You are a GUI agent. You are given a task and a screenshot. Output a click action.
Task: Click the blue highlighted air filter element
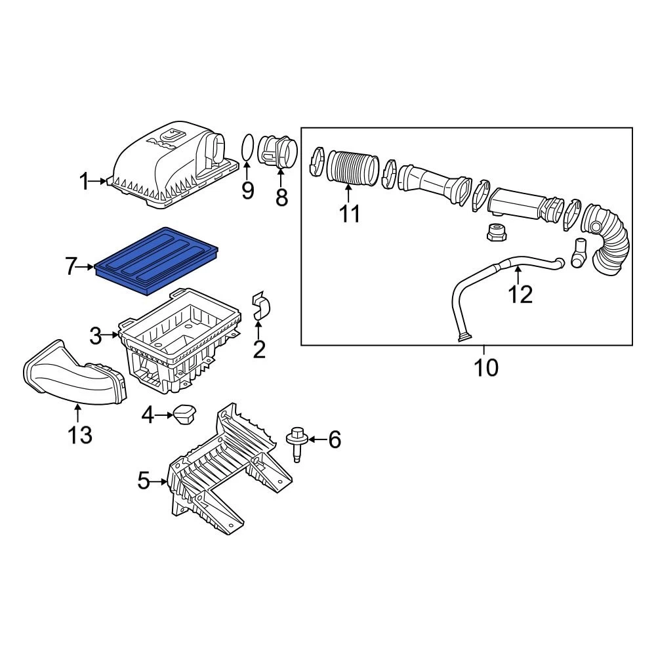coord(157,260)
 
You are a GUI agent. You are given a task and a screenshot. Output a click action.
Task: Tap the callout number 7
coord(72,267)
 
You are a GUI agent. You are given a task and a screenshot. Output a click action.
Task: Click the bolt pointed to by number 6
coord(297,444)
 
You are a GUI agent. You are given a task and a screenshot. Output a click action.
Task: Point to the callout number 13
coord(80,435)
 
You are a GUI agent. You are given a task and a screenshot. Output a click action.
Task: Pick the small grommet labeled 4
coord(184,414)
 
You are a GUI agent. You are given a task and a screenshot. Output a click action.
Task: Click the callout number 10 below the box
coord(486,367)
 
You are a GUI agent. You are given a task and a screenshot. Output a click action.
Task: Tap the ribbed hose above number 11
coord(352,167)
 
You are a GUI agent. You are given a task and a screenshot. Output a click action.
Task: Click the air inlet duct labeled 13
coord(75,373)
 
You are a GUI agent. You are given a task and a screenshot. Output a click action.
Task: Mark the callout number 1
coord(84,182)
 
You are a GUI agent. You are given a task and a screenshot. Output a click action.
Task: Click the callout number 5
coord(144,481)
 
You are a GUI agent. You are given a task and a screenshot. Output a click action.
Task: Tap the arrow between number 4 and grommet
coord(164,415)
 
